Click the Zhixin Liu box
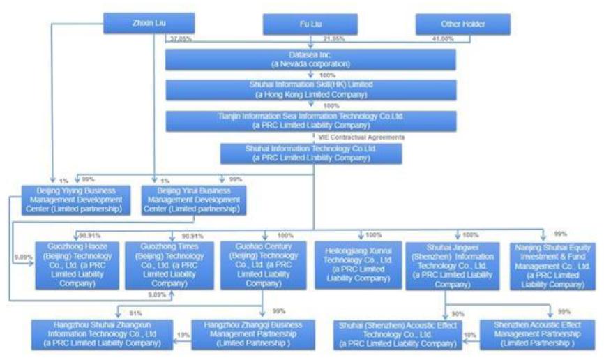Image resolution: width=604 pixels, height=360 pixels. tap(136, 24)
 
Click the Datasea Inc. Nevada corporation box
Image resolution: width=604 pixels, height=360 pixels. tap(310, 59)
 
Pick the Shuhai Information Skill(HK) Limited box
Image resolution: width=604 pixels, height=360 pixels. tap(310, 90)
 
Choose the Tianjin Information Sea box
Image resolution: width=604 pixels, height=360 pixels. tap(310, 121)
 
